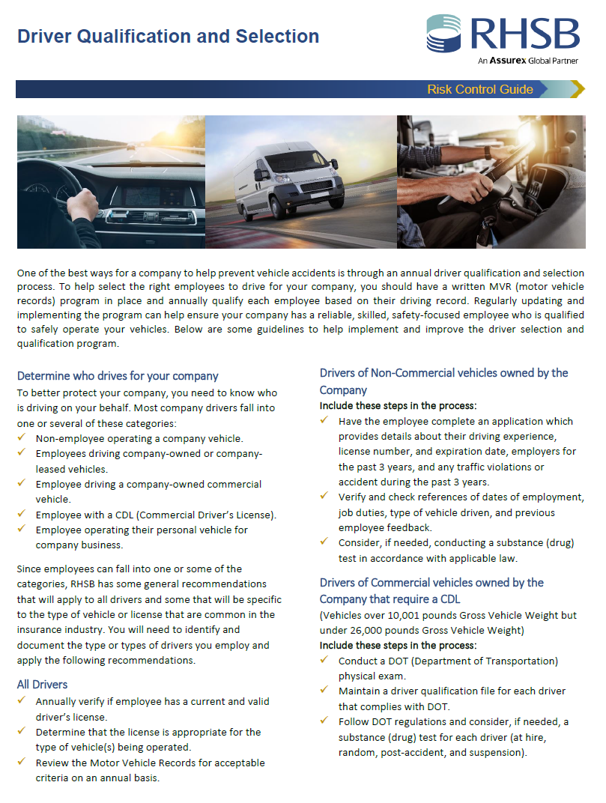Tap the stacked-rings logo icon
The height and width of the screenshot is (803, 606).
pos(444,34)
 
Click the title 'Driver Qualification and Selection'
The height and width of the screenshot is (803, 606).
pos(169,36)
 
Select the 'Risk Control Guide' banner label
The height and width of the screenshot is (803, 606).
pos(480,90)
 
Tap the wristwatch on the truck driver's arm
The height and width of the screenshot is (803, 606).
pos(488,151)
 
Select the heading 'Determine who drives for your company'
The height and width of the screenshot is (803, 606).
pos(118,376)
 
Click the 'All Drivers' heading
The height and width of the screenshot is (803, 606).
pos(42,685)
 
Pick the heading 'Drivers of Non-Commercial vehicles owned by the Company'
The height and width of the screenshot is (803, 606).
pos(443,381)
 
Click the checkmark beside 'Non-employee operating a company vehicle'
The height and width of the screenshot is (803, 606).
pos(22,438)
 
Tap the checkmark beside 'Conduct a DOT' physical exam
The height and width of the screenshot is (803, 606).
pos(324,661)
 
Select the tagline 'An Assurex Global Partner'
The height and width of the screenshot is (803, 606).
pos(528,61)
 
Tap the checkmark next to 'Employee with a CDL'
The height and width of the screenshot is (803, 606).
pos(22,515)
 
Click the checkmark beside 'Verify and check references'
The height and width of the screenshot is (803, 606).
pos(324,497)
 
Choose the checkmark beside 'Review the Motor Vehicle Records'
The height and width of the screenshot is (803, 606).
pos(22,763)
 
